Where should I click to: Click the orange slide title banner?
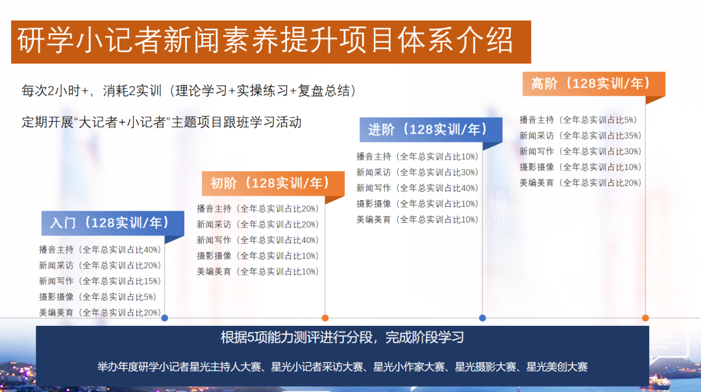[271, 41]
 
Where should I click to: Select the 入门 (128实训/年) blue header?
[113, 223]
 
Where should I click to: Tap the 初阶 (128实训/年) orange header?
[273, 183]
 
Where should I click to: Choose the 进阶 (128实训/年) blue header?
[431, 130]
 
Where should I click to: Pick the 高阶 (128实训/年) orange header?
[594, 84]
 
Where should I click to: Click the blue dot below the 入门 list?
[164, 318]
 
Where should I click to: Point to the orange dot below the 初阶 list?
[325, 318]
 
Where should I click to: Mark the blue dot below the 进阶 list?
[482, 318]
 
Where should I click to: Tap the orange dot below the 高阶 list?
[645, 318]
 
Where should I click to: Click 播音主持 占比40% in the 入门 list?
[100, 249]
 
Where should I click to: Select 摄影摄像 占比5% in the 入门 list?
[97, 297]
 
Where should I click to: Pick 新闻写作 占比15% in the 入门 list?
[100, 281]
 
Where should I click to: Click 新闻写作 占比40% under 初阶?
[258, 240]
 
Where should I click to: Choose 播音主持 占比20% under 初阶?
[258, 209]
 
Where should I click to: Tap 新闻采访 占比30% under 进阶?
[417, 172]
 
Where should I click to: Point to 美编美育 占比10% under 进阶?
[417, 220]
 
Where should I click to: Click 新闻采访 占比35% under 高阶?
[580, 135]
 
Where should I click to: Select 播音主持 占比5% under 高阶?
[578, 120]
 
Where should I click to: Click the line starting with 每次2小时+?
[189, 91]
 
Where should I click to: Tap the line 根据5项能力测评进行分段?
[342, 337]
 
